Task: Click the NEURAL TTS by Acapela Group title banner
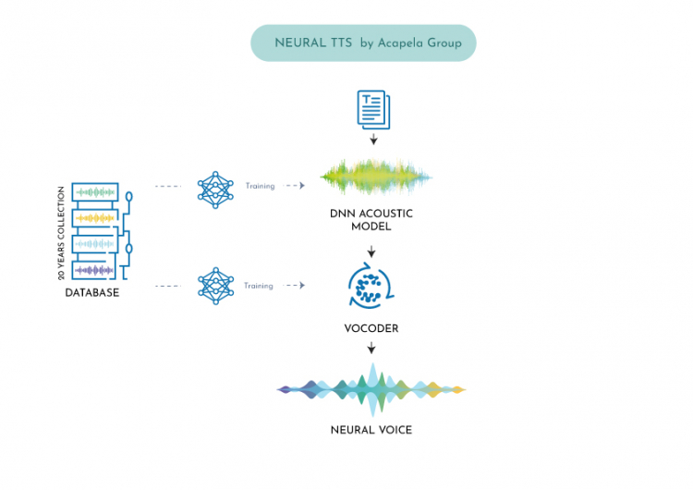click(363, 43)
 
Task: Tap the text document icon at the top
click(372, 111)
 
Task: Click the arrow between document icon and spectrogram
click(372, 141)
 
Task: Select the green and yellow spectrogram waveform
click(375, 176)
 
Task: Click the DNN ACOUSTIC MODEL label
click(371, 220)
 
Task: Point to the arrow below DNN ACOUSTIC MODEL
click(371, 251)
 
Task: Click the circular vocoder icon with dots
click(371, 286)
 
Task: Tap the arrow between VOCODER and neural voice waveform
click(371, 349)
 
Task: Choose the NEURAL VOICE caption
click(371, 430)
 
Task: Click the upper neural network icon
click(214, 189)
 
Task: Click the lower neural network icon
click(214, 286)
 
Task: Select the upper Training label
click(260, 186)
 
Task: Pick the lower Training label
click(260, 286)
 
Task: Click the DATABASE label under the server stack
click(92, 293)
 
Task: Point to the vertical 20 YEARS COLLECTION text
click(62, 233)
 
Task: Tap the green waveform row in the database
click(94, 192)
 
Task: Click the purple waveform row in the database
click(94, 270)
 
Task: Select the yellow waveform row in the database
click(94, 218)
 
